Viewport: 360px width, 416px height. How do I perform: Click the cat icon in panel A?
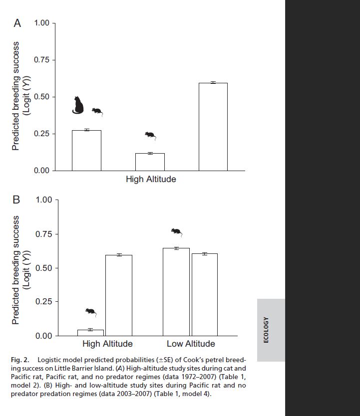pos(78,105)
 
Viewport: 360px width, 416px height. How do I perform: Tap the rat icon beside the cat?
pos(97,111)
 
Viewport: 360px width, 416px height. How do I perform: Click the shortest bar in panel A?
pos(150,162)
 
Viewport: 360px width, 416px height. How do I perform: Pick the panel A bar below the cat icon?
pos(86,150)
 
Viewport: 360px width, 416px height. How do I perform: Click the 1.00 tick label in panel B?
pos(44,200)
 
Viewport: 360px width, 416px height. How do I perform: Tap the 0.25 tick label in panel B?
pos(44,302)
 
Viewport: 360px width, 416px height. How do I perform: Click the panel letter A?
pos(17,23)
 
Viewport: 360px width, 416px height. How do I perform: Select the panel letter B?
pos(16,200)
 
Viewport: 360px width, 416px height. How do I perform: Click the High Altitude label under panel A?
pos(151,179)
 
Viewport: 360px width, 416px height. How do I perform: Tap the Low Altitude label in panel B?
pos(191,344)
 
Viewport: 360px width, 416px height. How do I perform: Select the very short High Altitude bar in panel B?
pos(90,333)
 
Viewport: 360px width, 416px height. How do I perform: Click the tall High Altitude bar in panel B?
pos(119,295)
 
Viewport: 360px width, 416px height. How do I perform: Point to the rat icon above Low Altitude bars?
pos(176,232)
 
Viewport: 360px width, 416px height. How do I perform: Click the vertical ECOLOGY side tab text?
pos(266,330)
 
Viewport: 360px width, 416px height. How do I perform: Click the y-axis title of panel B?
pos(21,270)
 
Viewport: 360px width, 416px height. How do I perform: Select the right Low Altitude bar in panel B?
pos(205,294)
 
